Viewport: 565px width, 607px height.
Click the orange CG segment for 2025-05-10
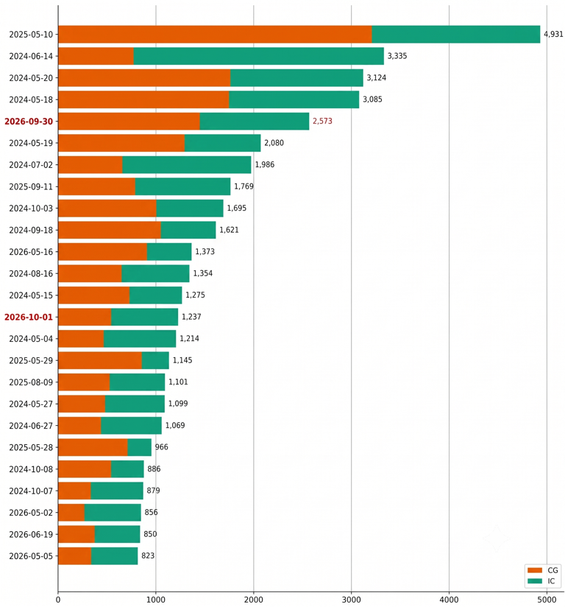pos(215,35)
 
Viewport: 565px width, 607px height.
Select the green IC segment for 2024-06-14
pos(259,56)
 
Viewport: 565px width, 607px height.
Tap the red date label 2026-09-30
pos(29,122)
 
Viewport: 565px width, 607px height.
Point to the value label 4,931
pos(553,34)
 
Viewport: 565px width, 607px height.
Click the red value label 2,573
pos(322,121)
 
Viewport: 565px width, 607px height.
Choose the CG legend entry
pos(543,570)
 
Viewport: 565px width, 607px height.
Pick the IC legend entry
pos(541,581)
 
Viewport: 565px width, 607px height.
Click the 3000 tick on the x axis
pos(352,600)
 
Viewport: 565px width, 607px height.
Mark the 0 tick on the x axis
pos(58,600)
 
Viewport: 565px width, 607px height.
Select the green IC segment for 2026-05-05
pos(115,556)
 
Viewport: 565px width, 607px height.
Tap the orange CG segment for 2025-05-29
pos(100,360)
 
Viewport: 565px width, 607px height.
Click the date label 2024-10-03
pos(31,208)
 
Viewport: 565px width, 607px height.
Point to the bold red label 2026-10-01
pos(29,317)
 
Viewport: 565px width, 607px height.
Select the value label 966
pos(162,447)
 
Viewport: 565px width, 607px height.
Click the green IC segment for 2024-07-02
pos(187,165)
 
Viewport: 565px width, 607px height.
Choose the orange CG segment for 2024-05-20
pos(144,78)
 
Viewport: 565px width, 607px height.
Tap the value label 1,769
pos(244,186)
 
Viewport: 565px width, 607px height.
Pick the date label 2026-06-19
pos(31,535)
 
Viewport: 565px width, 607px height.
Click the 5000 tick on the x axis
pos(547,600)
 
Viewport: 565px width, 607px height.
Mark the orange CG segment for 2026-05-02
pos(71,513)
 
